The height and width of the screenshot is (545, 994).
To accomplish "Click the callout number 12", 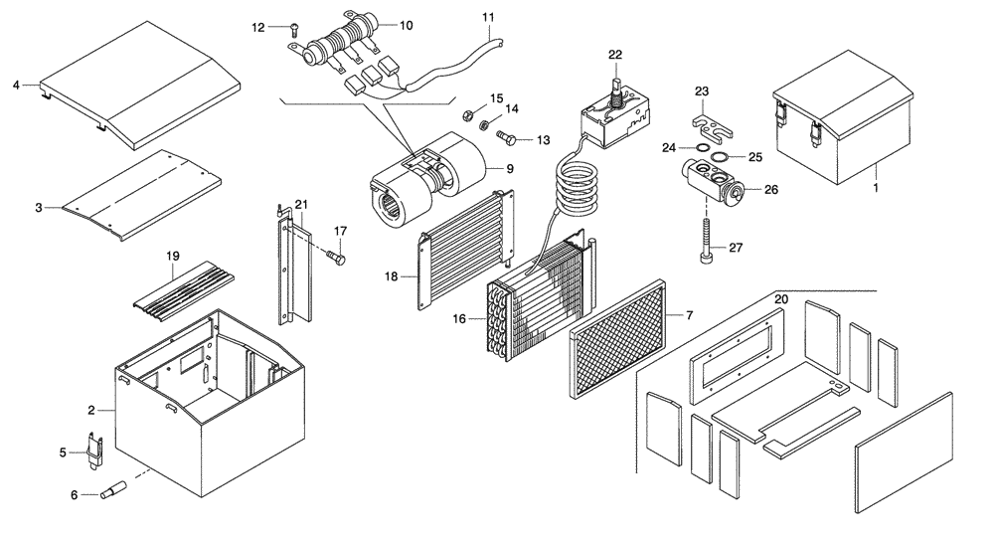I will (258, 28).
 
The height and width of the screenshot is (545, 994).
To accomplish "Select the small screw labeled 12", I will (293, 30).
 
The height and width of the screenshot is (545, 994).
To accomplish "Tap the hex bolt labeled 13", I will (506, 136).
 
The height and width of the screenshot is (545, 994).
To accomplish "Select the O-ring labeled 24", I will (702, 149).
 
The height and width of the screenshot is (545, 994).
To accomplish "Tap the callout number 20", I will (780, 299).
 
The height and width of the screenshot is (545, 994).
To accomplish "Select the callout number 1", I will (876, 187).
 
